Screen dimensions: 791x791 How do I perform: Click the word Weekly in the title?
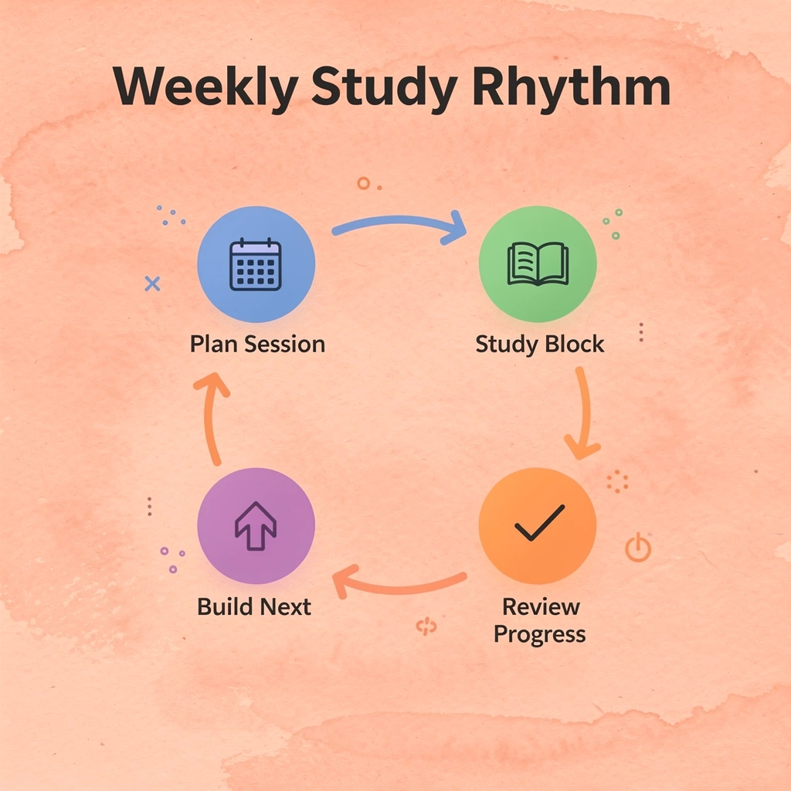click(205, 87)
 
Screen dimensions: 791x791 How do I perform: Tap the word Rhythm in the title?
click(572, 87)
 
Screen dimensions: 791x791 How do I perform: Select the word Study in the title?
click(385, 87)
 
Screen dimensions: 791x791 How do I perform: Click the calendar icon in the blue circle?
click(255, 264)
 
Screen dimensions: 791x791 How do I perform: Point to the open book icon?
click(538, 264)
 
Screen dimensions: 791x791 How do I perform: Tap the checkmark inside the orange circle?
click(539, 522)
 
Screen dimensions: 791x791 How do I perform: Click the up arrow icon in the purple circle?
click(256, 525)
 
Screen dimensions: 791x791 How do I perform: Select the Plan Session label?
click(257, 345)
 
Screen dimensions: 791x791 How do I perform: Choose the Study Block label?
click(539, 345)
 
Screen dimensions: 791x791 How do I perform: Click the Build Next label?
click(253, 606)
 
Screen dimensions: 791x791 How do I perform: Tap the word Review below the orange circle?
click(541, 606)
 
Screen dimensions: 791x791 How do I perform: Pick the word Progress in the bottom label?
click(539, 634)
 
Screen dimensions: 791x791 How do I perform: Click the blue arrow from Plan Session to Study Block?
click(399, 220)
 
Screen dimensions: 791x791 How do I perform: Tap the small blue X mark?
click(152, 284)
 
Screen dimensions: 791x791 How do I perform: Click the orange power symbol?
click(638, 548)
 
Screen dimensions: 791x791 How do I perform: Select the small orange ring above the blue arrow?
click(363, 183)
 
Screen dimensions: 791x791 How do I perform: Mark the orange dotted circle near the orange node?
click(617, 481)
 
